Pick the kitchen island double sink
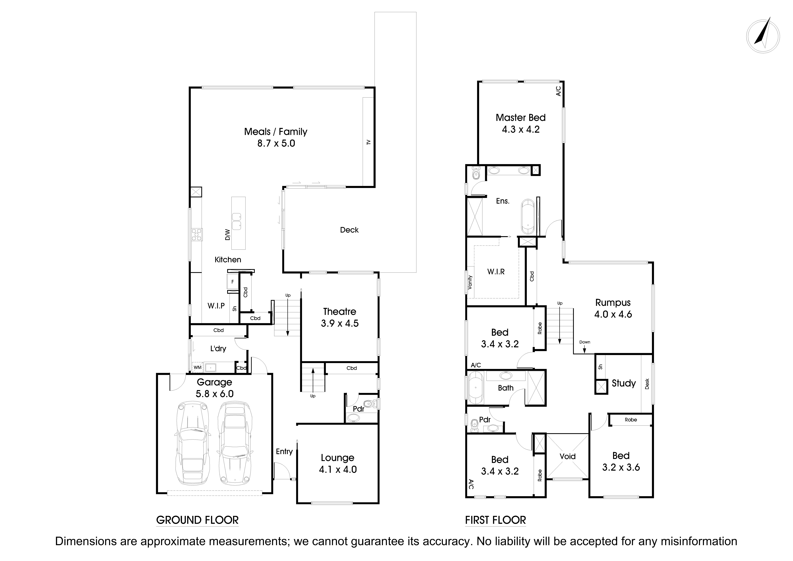[x=237, y=221]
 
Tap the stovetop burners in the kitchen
[x=197, y=235]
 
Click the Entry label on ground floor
[x=284, y=451]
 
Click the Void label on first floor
[x=568, y=457]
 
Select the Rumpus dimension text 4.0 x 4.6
[x=613, y=315]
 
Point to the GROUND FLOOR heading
[x=197, y=520]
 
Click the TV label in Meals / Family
[x=368, y=142]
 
